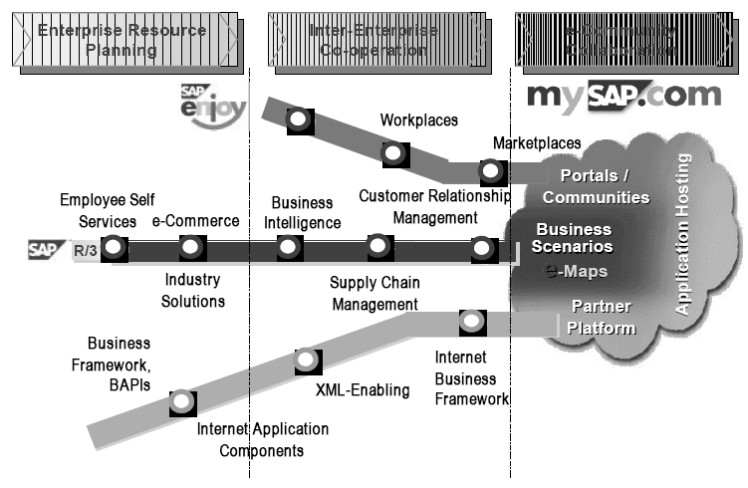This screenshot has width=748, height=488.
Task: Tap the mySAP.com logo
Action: pyautogui.click(x=623, y=96)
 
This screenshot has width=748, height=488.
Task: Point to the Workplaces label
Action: pyautogui.click(x=418, y=121)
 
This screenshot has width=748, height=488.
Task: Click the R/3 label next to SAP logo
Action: pyautogui.click(x=85, y=249)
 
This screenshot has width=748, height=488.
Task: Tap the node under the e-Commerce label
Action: pyautogui.click(x=191, y=246)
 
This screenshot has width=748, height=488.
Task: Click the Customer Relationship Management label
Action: pyautogui.click(x=434, y=207)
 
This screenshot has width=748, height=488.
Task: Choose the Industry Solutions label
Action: pyautogui.click(x=194, y=291)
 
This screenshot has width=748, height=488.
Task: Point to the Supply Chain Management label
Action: pyautogui.click(x=374, y=294)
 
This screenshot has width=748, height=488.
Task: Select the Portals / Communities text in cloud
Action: pyautogui.click(x=596, y=187)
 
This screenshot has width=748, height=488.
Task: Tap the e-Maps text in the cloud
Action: pyautogui.click(x=576, y=271)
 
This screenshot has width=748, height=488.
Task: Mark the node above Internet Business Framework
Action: pyautogui.click(x=472, y=322)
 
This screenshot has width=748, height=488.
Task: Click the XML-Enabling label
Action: pyautogui.click(x=362, y=389)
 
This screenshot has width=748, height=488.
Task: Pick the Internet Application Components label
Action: pyautogui.click(x=262, y=440)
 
